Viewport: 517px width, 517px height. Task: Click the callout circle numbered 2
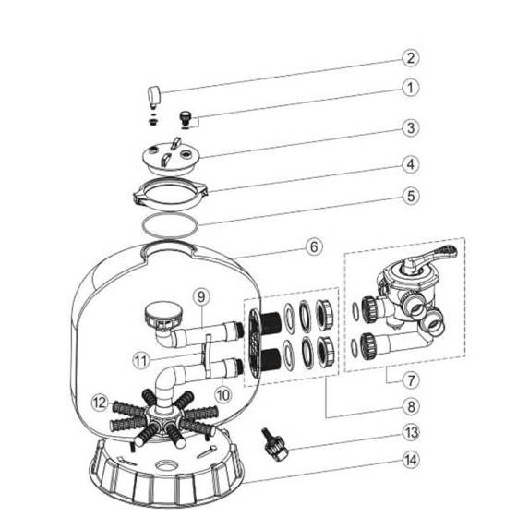point(411,58)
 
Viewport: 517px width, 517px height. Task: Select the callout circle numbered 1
point(411,88)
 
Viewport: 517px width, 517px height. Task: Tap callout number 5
point(411,196)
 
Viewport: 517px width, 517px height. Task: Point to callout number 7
point(411,380)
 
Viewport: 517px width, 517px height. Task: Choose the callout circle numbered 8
point(411,406)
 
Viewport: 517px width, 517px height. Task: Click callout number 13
point(411,432)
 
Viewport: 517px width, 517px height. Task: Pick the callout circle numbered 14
point(411,460)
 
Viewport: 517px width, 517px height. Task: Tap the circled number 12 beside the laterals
point(101,403)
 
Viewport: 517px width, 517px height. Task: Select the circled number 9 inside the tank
point(201,296)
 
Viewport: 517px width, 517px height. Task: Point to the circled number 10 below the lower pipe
point(223,394)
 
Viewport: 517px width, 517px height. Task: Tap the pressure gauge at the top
point(154,97)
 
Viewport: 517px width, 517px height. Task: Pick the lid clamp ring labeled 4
point(171,194)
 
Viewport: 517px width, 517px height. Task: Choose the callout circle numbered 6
point(314,246)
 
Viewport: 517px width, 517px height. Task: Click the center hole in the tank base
point(167,466)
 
